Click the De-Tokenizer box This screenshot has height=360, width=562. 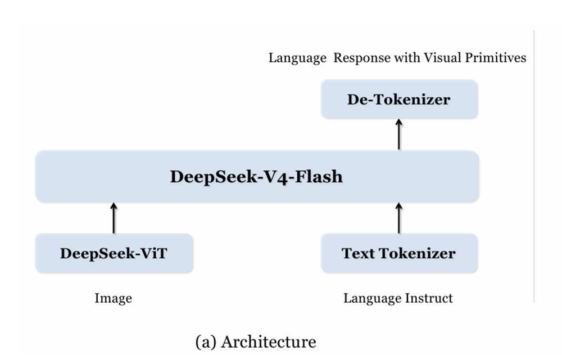coord(399,100)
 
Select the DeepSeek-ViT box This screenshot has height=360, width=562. coord(114,253)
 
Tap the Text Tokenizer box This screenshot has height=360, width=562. coord(399,253)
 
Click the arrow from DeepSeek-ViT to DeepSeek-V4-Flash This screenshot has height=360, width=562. coord(114,218)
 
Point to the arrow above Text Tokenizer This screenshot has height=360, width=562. coord(399,218)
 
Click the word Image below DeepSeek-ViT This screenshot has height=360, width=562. coord(114,298)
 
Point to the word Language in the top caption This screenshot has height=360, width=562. coord(297,57)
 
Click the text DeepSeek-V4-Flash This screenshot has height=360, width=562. coord(256,177)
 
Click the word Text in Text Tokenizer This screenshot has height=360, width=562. coord(359,253)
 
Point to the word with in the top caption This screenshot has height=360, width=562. coord(405,57)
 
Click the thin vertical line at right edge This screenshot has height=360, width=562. coord(533,169)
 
